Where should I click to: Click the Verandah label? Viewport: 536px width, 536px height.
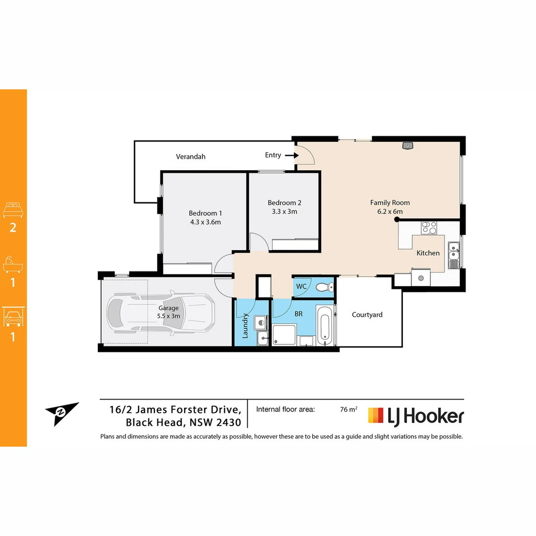point(191,156)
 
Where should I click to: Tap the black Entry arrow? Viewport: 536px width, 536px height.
point(292,155)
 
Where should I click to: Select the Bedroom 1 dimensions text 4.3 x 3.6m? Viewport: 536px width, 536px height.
point(205,222)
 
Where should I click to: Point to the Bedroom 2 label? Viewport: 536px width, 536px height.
point(284,202)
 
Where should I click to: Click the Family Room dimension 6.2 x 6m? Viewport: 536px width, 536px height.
point(390,211)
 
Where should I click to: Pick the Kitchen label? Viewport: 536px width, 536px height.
point(428,253)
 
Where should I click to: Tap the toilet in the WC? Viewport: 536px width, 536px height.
point(324,287)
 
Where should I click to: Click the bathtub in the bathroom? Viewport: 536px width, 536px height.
point(325,326)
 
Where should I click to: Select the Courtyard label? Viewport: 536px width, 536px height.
point(367,315)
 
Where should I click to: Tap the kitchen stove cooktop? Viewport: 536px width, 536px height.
point(429,228)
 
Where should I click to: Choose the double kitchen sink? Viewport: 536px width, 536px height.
point(454,255)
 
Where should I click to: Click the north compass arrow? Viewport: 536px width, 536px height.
point(62,412)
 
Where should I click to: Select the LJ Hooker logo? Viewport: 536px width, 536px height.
point(416,416)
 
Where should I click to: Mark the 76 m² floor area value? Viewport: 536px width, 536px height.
point(348,410)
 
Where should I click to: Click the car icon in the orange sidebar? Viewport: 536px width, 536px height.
point(13,317)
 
